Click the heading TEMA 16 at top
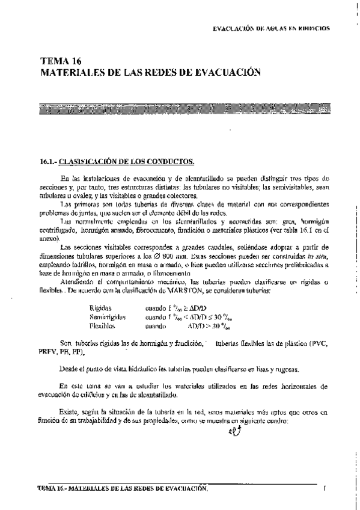(x=60, y=61)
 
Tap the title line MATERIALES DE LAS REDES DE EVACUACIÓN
(x=150, y=72)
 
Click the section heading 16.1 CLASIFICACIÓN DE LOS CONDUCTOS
(x=117, y=162)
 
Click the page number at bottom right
(x=324, y=488)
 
